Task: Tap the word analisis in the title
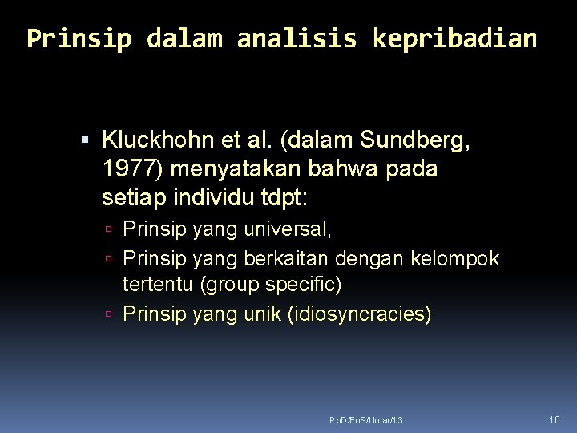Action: click(x=297, y=38)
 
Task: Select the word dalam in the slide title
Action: click(x=184, y=38)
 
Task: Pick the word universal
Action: click(x=289, y=229)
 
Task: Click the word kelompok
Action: click(x=454, y=258)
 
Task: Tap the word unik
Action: click(x=261, y=314)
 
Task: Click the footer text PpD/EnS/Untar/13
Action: click(x=366, y=420)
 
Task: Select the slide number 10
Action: click(x=555, y=419)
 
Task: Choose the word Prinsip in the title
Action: click(x=79, y=38)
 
